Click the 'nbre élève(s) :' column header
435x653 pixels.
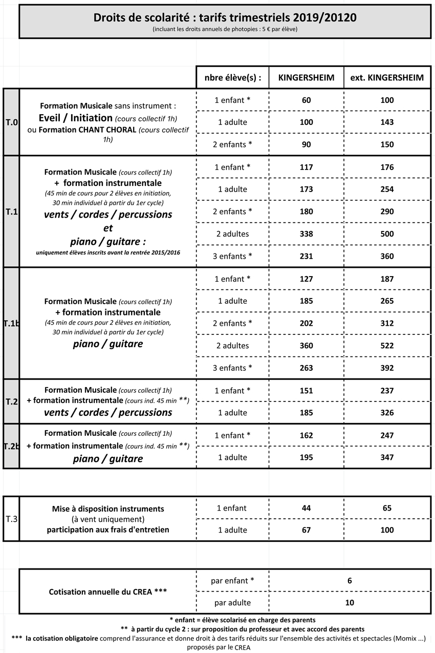click(x=232, y=78)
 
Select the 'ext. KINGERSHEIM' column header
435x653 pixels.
click(x=387, y=78)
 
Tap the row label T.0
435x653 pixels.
click(x=11, y=122)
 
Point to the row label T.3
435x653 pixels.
click(x=11, y=519)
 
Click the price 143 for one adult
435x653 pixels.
click(x=387, y=122)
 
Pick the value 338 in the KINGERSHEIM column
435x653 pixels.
click(x=306, y=234)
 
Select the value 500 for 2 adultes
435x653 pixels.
click(x=387, y=234)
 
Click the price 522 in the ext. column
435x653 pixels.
click(x=387, y=346)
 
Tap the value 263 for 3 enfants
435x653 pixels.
click(x=306, y=368)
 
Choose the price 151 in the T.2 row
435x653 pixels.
click(x=306, y=390)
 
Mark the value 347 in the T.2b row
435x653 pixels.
click(x=387, y=457)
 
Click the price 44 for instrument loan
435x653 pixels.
click(x=306, y=508)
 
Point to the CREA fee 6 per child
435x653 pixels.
click(x=350, y=580)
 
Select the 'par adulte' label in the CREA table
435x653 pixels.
click(x=232, y=603)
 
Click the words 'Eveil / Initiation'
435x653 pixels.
click(x=76, y=118)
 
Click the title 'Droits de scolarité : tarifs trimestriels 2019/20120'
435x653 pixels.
click(x=225, y=18)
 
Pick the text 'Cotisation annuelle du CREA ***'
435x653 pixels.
click(x=107, y=592)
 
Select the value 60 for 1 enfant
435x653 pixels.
click(x=306, y=100)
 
